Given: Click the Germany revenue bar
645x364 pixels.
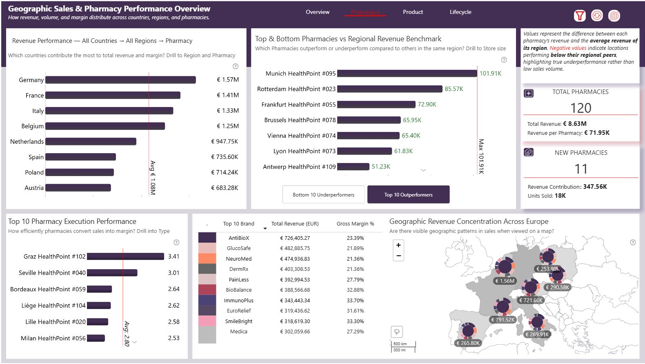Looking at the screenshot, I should [120, 80].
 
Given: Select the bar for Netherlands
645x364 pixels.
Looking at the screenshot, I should [91, 142].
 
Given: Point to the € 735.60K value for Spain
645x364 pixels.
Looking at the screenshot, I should [225, 157].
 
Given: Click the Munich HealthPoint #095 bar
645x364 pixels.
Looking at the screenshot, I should [407, 74].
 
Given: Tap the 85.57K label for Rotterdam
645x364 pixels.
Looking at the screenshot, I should [454, 89].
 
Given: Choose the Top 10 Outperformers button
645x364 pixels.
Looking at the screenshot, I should [408, 195].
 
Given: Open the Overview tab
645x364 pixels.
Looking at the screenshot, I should [317, 12].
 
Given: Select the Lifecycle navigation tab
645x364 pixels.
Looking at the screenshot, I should [460, 12].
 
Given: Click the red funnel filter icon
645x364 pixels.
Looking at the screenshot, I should [579, 16].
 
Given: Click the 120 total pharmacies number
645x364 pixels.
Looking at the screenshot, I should [580, 108].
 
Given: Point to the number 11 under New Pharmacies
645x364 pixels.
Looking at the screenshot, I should [580, 169].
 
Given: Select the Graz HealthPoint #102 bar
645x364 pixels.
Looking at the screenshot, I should [125, 257].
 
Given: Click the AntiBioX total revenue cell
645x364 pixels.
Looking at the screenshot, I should [295, 238].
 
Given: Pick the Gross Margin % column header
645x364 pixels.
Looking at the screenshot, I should [355, 224].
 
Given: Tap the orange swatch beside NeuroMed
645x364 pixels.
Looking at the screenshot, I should [207, 259].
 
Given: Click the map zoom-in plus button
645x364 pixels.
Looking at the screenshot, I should [398, 245].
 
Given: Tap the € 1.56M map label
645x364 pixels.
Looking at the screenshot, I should [505, 281].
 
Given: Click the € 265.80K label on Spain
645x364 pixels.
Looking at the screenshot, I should [468, 343].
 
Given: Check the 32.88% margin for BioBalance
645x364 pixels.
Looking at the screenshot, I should [355, 290].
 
